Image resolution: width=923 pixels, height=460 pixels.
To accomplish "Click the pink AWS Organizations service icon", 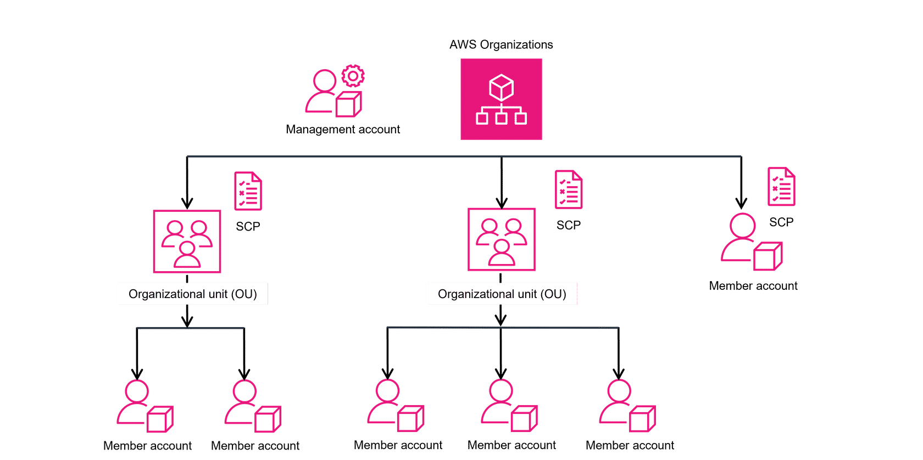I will coord(501,99).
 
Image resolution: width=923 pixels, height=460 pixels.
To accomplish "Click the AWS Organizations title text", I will coord(501,45).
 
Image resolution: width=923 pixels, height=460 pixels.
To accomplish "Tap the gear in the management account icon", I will coord(353,76).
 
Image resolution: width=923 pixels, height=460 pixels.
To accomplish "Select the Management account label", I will coord(343,130).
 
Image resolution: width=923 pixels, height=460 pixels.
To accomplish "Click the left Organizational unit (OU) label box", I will coord(192,294).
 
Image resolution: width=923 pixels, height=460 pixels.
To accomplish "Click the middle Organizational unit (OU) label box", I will coord(502,294).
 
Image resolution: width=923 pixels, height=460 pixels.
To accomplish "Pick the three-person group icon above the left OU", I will coord(187,241).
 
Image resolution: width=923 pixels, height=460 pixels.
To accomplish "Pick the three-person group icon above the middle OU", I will coord(501,239).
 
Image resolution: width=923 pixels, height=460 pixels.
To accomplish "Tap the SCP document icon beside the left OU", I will coord(248,190).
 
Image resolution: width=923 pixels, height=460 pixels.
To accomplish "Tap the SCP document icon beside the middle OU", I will coord(569,189).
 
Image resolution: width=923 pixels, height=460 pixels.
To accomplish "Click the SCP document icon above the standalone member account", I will coord(781,187).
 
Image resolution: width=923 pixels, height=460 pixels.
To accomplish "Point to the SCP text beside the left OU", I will coord(248,226).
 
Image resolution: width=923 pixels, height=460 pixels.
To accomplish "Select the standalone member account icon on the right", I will coord(750,242).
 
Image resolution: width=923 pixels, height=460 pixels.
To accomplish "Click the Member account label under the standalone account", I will coord(753,286).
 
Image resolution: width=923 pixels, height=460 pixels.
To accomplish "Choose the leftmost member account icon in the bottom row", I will coord(144,405).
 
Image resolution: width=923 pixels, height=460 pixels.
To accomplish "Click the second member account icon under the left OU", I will coord(252,405).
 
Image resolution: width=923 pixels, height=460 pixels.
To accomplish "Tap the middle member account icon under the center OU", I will coord(509,405).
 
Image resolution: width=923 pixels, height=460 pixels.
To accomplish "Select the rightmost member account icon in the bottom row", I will coord(627,405).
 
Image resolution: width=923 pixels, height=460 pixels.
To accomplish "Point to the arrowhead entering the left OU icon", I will coord(187,203).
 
